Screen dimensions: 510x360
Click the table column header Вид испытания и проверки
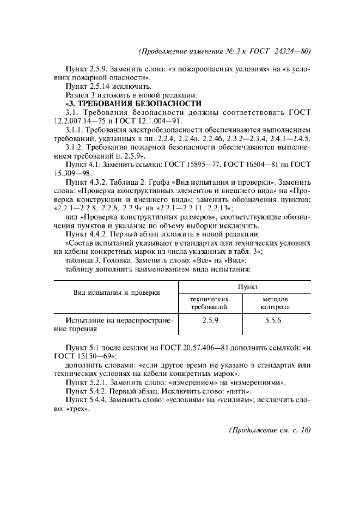click(x=117, y=293)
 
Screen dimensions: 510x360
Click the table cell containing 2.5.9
click(x=210, y=321)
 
